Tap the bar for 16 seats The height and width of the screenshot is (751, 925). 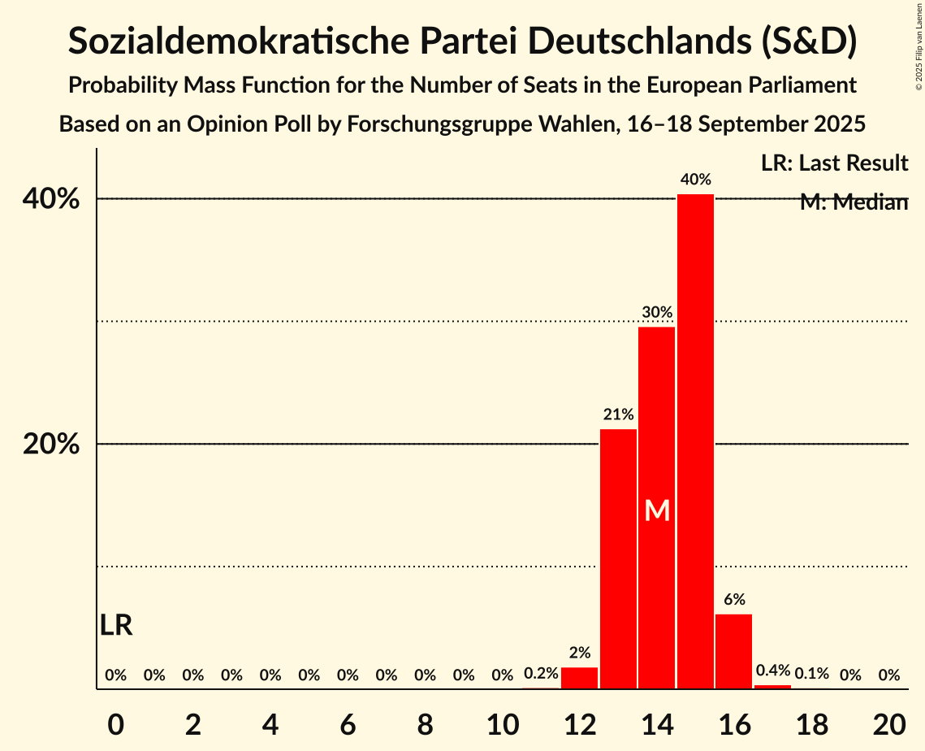tap(733, 651)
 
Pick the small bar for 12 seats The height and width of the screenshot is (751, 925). tap(579, 678)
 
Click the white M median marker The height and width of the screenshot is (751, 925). tap(657, 510)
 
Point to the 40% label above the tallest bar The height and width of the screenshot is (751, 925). tap(696, 180)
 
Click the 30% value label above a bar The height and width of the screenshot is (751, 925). tap(657, 312)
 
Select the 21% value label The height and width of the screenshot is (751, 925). tap(618, 415)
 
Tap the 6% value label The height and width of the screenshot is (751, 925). tap(734, 600)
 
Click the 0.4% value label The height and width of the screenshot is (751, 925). tap(772, 671)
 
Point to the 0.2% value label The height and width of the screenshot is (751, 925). tap(541, 674)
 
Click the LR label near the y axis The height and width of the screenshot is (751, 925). tap(116, 626)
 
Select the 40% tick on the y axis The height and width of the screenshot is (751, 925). tap(56, 199)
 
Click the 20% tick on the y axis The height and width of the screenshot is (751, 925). tap(56, 445)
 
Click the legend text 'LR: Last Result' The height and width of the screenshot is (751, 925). tap(834, 163)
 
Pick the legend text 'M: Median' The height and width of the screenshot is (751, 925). tap(853, 202)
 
